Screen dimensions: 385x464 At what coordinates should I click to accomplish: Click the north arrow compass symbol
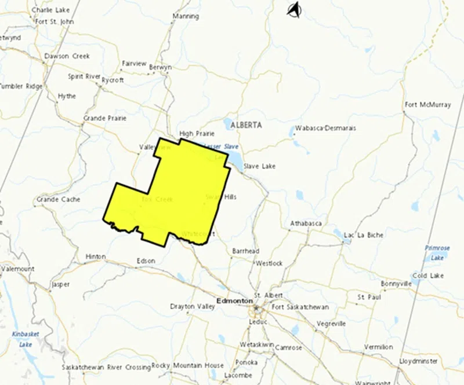point(295,9)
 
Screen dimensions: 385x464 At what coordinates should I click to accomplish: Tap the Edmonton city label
point(234,301)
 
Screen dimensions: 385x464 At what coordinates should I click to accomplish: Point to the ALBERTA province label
point(246,125)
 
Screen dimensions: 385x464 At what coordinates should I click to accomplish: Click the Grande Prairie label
point(105,118)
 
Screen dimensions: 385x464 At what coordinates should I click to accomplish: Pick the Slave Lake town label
point(259,166)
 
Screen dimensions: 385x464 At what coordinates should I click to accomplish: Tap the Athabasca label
point(306,223)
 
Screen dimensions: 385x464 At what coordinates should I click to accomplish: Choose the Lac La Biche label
point(364,236)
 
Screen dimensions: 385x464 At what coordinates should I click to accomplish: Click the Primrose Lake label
point(437,252)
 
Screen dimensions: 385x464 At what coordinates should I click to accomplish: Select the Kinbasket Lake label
point(26,339)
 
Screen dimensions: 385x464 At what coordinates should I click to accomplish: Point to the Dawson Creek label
point(67,56)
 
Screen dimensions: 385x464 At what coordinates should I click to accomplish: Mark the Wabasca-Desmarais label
point(325,128)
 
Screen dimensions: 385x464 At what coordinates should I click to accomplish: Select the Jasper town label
point(60,285)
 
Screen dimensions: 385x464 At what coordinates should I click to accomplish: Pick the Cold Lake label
point(428,276)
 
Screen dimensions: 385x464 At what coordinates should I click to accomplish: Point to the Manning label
point(186,16)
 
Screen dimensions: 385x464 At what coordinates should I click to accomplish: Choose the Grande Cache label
point(58,199)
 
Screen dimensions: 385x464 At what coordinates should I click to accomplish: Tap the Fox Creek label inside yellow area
point(157,199)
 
